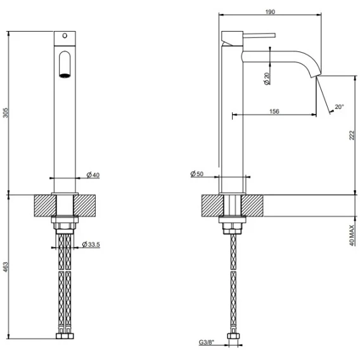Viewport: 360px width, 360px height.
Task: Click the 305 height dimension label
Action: point(6,113)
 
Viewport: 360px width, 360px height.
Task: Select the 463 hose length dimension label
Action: point(6,267)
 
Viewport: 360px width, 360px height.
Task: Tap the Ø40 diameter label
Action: point(93,175)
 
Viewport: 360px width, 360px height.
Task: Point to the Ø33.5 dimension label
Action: point(91,244)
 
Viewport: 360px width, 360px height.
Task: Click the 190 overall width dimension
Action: point(270,11)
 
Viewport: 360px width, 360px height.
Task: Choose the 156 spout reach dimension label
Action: point(274,112)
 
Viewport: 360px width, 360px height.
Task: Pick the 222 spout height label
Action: point(352,135)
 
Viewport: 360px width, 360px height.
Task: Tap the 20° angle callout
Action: point(339,106)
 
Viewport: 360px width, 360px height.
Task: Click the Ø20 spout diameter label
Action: point(267,79)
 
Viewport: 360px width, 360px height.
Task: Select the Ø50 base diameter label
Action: point(197,174)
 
